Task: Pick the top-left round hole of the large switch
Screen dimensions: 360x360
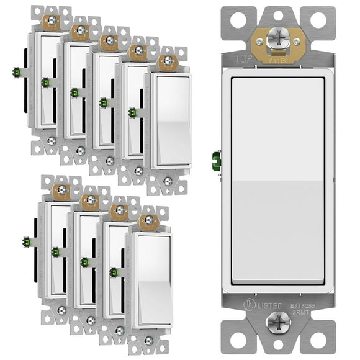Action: [234, 19]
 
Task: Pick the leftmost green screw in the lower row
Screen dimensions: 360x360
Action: [25, 241]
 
